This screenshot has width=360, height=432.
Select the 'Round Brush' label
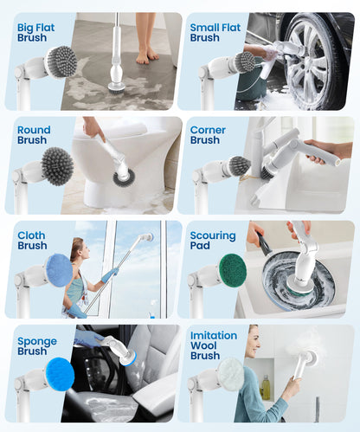(34, 135)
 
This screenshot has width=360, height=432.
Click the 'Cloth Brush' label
(33, 240)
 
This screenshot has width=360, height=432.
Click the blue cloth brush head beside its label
(59, 270)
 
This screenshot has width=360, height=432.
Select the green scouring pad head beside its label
(232, 270)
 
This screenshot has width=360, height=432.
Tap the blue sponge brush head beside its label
(59, 374)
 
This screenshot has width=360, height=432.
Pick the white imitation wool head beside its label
(231, 374)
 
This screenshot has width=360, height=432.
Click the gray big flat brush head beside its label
(61, 61)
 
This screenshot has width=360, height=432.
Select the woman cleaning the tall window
(75, 273)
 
